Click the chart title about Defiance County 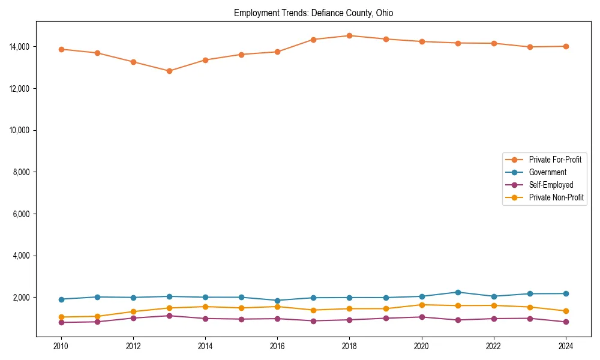click(313, 13)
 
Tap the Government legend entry click(547, 172)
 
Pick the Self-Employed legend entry click(551, 185)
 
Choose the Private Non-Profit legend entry click(556, 197)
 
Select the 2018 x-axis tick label click(349, 346)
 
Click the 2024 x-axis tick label click(565, 346)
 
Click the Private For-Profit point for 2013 click(169, 71)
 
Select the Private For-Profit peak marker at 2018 click(349, 35)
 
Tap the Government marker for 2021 click(458, 292)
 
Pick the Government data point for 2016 click(277, 301)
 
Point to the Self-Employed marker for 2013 click(169, 316)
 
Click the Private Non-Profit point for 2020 click(422, 305)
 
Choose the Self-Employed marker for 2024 click(565, 322)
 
